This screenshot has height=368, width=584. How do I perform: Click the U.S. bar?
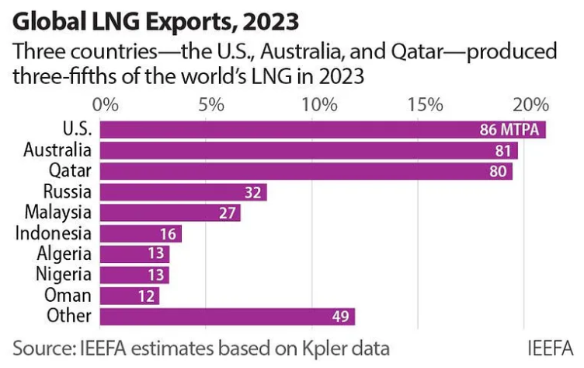(x=322, y=129)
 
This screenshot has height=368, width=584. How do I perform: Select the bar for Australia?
(x=308, y=150)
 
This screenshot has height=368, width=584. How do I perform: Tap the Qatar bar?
(x=306, y=171)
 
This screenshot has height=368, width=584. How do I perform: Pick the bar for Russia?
(x=183, y=192)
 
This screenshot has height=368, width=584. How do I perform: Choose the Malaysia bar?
(x=170, y=212)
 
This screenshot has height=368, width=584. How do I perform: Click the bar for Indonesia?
(x=141, y=233)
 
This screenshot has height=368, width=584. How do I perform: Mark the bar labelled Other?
(x=228, y=317)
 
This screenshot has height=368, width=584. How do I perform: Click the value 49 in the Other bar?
(x=339, y=317)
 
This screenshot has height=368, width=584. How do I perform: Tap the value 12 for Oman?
(x=144, y=296)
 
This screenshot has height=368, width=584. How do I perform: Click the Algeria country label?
(x=64, y=254)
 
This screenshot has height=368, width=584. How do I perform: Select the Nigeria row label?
(x=64, y=275)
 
